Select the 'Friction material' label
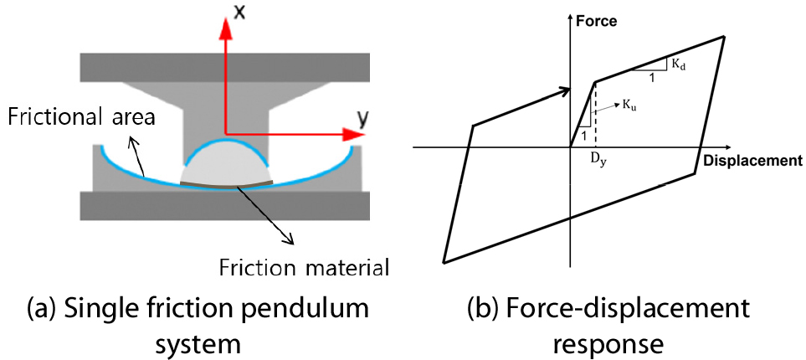tap(304, 268)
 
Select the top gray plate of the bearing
tap(225, 64)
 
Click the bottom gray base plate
tap(225, 203)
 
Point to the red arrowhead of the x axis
tap(225, 25)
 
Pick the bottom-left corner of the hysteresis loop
tap(443, 260)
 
